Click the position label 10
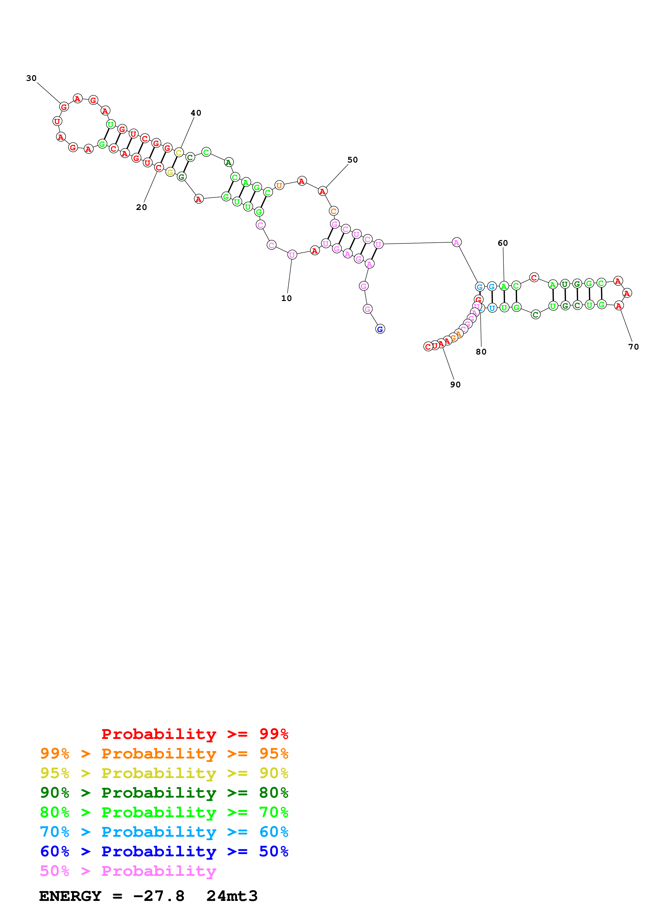pyautogui.click(x=286, y=298)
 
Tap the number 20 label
pyautogui.click(x=141, y=207)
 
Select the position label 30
pyautogui.click(x=32, y=78)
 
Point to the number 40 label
pyautogui.click(x=196, y=113)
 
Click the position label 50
pyautogui.click(x=352, y=160)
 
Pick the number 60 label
pyautogui.click(x=503, y=243)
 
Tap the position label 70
pyautogui.click(x=633, y=347)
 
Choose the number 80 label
pyautogui.click(x=481, y=352)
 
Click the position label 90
pyautogui.click(x=455, y=384)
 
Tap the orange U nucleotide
pyautogui.click(x=279, y=185)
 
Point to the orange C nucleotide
pyautogui.click(x=333, y=211)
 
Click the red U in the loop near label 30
pyautogui.click(x=57, y=121)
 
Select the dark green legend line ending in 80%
pyautogui.click(x=164, y=793)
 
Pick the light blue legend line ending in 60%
pyautogui.click(x=164, y=832)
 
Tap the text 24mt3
pyautogui.click(x=232, y=896)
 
